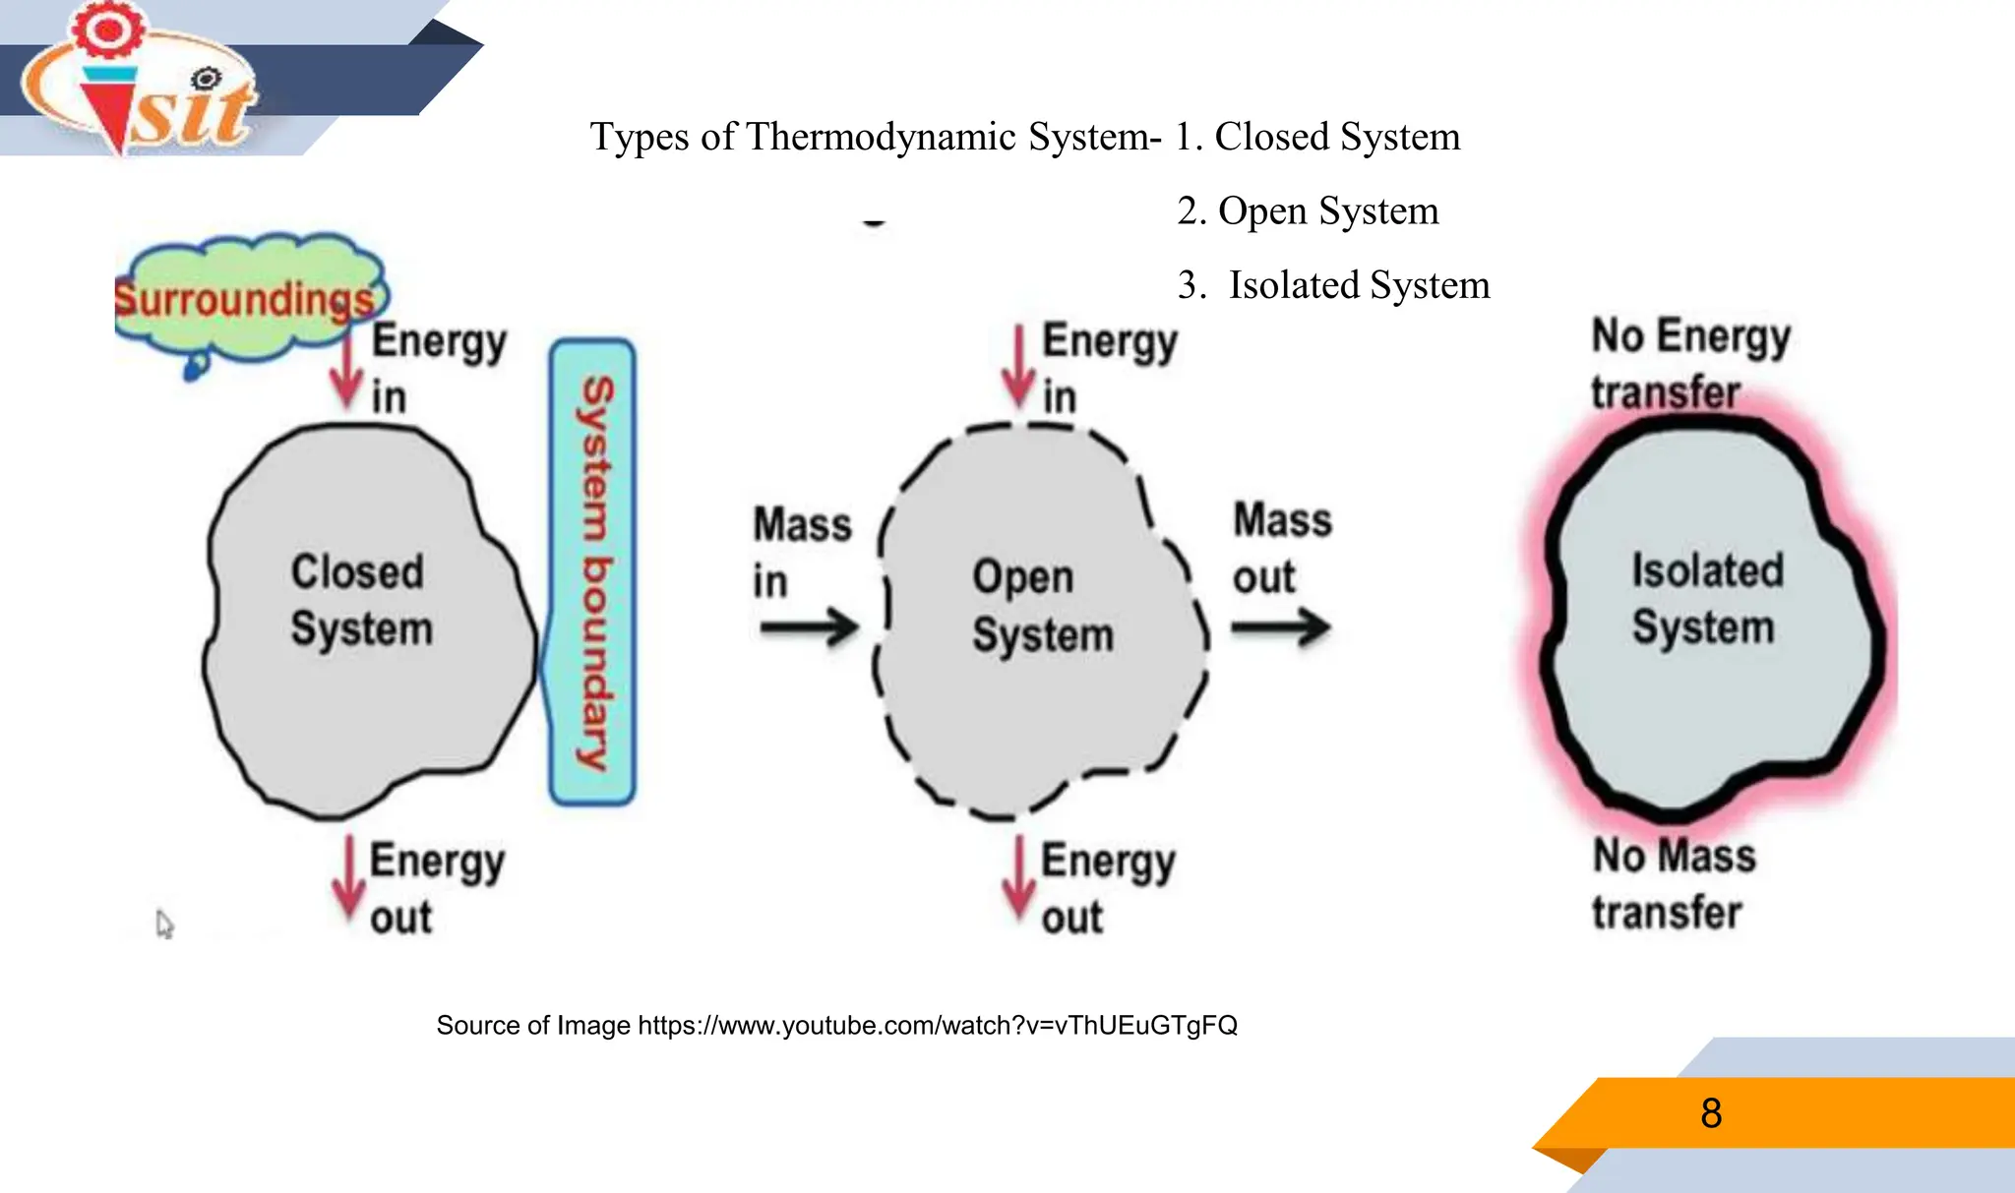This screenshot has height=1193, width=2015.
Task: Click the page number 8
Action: tap(1711, 1113)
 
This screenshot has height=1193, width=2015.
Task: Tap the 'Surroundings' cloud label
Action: tap(246, 298)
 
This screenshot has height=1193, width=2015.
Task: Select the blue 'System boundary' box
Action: tap(592, 572)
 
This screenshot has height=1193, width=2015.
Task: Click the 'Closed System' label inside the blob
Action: tap(361, 600)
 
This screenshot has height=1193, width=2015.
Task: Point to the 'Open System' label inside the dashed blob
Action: tap(1042, 606)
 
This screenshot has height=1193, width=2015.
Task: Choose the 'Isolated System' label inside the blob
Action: tap(1706, 598)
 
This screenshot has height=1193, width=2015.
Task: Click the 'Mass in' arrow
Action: tap(809, 627)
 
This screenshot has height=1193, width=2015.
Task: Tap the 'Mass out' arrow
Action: tap(1281, 626)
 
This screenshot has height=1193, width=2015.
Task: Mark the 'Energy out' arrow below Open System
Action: tap(1018, 876)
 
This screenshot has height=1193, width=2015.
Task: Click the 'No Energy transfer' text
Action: tap(1689, 363)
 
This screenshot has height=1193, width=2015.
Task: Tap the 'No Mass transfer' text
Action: tap(1673, 883)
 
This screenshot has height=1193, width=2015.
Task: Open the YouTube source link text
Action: tap(937, 1026)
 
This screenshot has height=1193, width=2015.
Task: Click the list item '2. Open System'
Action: tap(1308, 210)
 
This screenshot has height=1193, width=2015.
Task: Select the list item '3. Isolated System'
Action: tap(1333, 285)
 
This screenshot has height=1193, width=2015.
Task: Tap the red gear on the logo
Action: tap(108, 29)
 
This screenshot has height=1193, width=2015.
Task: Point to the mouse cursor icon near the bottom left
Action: tap(164, 925)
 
